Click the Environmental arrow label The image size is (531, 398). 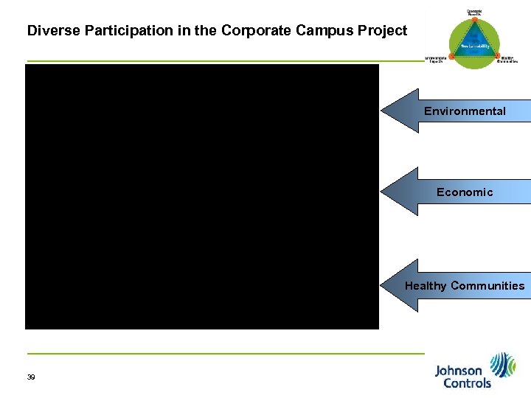(x=465, y=111)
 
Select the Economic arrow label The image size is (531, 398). (x=465, y=192)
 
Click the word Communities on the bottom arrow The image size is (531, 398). (x=487, y=286)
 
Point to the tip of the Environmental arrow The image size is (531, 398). (x=383, y=111)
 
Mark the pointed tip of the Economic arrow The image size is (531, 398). (x=383, y=192)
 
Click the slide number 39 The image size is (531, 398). (x=31, y=377)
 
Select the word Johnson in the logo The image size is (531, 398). (x=459, y=371)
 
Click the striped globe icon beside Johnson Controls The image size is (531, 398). (x=504, y=365)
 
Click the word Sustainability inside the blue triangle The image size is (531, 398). (x=475, y=46)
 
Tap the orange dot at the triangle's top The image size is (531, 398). (x=475, y=18)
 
